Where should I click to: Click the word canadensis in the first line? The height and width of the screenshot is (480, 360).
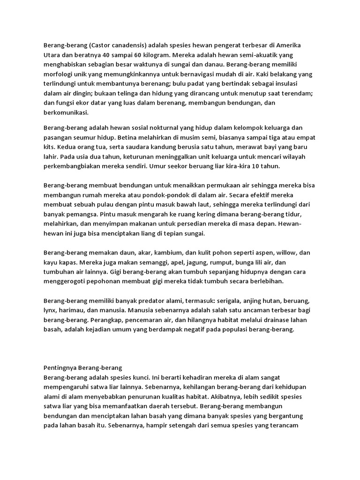point(120,45)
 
